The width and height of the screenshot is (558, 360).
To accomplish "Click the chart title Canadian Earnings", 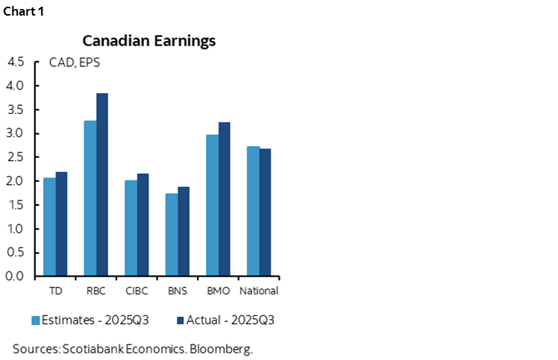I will click(x=148, y=40).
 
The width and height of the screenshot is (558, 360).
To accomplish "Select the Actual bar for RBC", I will click(x=102, y=185).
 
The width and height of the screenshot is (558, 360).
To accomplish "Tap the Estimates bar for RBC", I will click(x=90, y=198).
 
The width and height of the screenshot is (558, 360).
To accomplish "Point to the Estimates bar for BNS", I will click(x=171, y=235).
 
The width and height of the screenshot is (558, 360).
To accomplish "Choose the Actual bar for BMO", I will click(x=224, y=199).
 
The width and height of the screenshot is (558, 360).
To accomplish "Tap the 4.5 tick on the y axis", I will click(x=16, y=62).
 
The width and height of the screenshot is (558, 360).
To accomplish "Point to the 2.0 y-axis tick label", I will click(x=16, y=181).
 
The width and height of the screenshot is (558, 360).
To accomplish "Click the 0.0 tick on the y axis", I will click(x=16, y=277).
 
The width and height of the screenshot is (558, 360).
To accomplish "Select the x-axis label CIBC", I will click(x=137, y=291).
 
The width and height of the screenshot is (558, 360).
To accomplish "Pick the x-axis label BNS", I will click(x=177, y=291).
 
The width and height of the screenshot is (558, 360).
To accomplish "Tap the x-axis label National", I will click(x=258, y=291).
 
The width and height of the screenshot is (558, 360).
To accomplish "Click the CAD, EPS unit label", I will click(x=75, y=63).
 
